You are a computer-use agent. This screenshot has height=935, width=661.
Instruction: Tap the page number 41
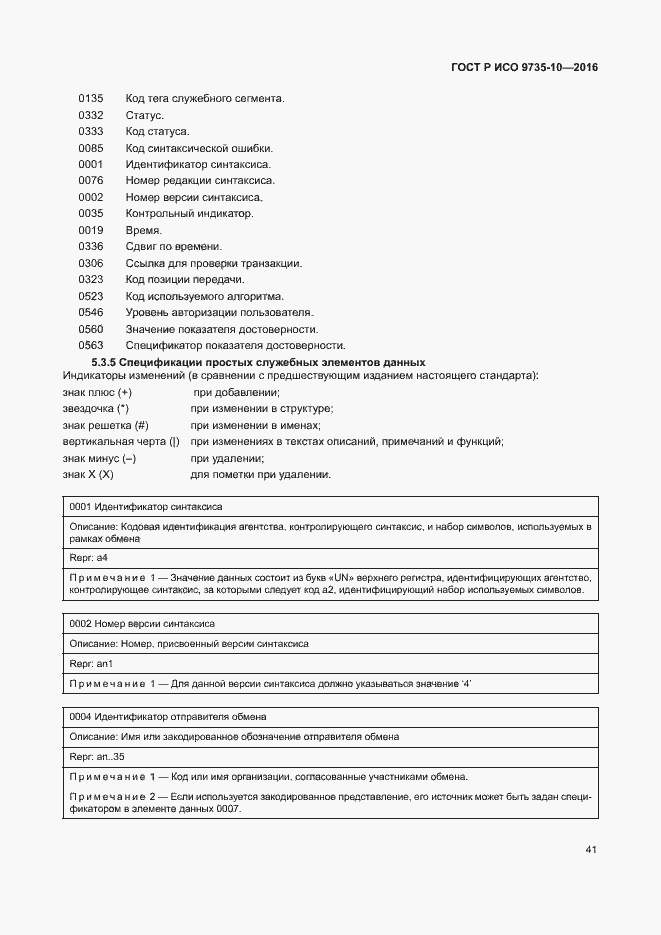[x=591, y=850]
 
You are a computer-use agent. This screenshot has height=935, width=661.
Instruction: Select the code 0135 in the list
[x=91, y=99]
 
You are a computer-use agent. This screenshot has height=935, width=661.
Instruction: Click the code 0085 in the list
[x=91, y=148]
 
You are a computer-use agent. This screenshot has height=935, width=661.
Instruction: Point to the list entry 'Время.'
[x=144, y=230]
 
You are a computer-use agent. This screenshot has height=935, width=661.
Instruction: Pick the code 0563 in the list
[x=91, y=345]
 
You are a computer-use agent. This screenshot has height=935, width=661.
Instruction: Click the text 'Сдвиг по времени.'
[x=174, y=247]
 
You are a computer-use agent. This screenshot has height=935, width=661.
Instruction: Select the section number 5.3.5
[x=105, y=362]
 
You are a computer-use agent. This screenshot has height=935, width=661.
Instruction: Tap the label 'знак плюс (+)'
[x=97, y=393]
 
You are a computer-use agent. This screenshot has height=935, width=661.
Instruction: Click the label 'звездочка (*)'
[x=96, y=409]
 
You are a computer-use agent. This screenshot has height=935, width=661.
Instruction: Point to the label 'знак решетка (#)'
[x=105, y=425]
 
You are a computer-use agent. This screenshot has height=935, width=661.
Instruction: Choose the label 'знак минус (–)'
[x=99, y=458]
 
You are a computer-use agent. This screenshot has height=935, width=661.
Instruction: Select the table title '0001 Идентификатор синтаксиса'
[x=146, y=507]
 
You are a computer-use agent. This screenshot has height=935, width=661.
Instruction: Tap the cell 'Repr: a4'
[x=89, y=557]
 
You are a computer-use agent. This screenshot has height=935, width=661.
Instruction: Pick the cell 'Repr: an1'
[x=91, y=663]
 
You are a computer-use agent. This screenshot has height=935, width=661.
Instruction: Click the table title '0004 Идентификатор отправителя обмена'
[x=167, y=717]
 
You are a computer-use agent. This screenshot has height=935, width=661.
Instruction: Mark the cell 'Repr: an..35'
[x=96, y=757]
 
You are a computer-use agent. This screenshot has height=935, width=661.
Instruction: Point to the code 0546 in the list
[x=91, y=312]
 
